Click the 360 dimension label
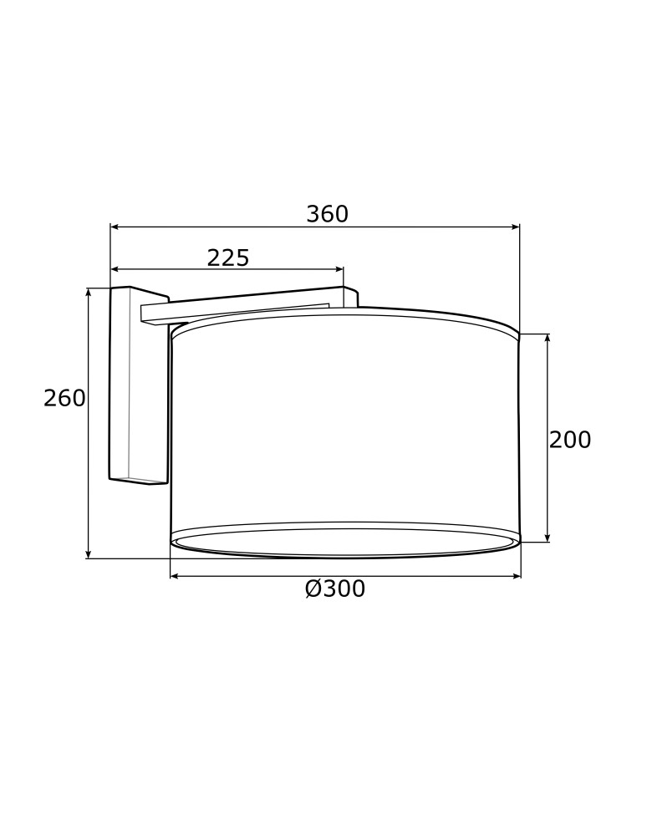[327, 215]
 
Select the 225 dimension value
[228, 258]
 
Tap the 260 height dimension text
[64, 399]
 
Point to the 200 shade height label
[570, 441]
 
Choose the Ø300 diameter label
[335, 589]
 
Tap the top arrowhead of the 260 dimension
[89, 293]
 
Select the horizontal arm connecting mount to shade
[242, 306]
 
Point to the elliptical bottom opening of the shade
[344, 542]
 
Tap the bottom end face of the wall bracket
[138, 481]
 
